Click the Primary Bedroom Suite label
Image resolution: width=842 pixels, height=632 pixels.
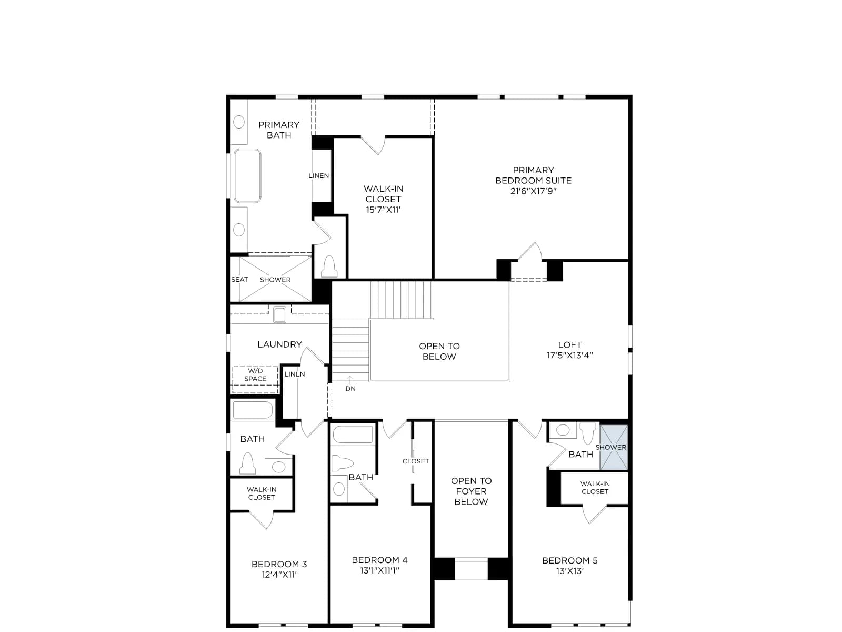click(533, 175)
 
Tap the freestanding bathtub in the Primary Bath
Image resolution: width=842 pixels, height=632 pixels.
click(247, 175)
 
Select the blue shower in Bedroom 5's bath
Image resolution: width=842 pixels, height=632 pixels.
click(614, 447)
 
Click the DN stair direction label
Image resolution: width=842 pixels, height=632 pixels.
click(350, 388)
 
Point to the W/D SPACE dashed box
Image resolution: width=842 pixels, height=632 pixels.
click(255, 379)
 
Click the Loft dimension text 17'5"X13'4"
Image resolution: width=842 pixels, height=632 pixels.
click(569, 355)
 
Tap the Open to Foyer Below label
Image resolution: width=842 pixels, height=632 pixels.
click(471, 491)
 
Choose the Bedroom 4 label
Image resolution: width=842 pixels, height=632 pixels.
click(379, 560)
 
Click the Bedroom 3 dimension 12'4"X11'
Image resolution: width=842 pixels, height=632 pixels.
click(279, 575)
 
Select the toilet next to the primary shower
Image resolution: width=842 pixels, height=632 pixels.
click(329, 266)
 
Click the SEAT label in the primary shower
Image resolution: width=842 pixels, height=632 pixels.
click(239, 279)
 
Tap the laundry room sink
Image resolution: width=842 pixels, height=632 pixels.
click(279, 314)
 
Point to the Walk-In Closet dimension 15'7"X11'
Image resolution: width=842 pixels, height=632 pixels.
click(383, 210)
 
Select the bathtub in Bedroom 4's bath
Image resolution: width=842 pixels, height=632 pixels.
click(353, 434)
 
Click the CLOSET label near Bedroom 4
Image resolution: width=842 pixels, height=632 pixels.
click(415, 461)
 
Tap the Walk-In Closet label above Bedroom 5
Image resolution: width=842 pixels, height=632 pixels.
click(595, 487)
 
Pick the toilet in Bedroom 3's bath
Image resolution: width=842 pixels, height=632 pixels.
click(247, 463)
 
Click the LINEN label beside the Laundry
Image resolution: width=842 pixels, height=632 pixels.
click(295, 374)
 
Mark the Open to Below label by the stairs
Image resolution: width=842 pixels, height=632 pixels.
click(439, 351)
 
